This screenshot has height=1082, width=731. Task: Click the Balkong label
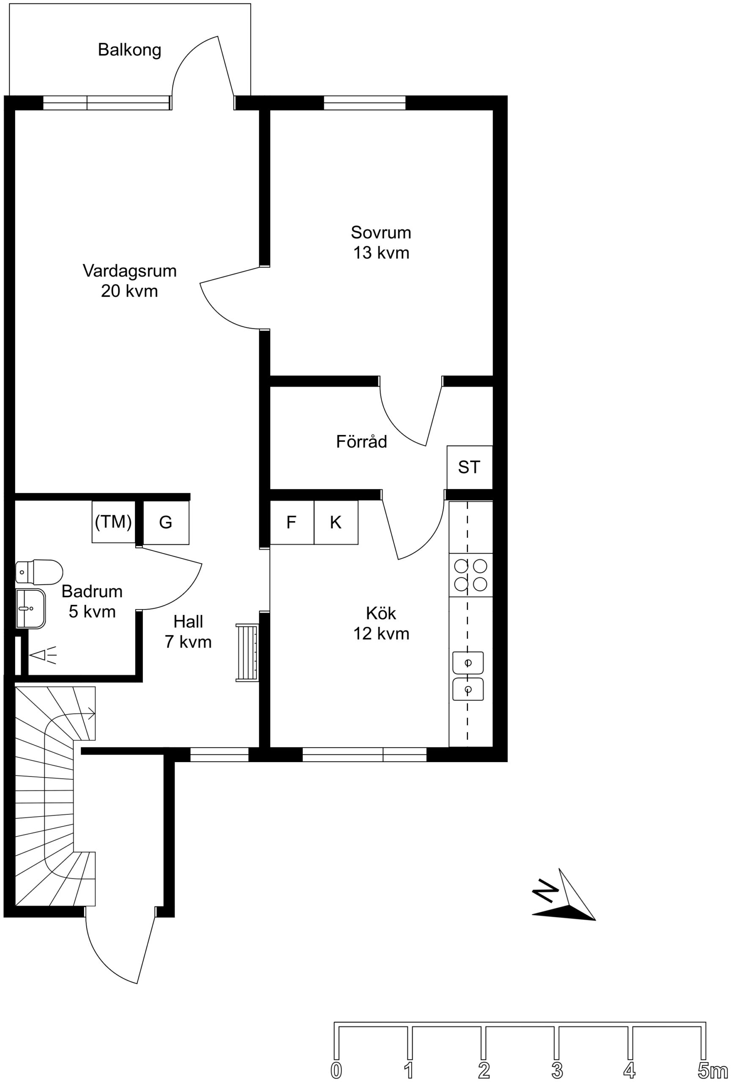[129, 50]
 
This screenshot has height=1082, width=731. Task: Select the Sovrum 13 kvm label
[381, 242]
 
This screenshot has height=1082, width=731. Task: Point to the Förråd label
[361, 441]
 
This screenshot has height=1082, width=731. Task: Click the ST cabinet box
[469, 467]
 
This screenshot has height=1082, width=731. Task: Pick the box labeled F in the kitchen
[292, 522]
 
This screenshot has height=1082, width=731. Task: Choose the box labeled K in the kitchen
[336, 522]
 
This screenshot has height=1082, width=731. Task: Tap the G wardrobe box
[166, 522]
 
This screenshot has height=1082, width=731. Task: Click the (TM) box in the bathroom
[113, 522]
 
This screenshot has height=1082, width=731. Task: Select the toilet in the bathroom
[39, 571]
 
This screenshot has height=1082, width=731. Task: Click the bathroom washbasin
[30, 609]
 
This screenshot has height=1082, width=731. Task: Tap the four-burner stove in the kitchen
[471, 575]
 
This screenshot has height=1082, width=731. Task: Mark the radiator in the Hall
[247, 653]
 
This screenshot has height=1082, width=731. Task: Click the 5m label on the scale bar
[712, 1070]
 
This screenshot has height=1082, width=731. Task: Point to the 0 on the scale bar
[336, 1070]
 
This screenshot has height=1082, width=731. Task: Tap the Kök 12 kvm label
[381, 623]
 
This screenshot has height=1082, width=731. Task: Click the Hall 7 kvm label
[188, 632]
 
